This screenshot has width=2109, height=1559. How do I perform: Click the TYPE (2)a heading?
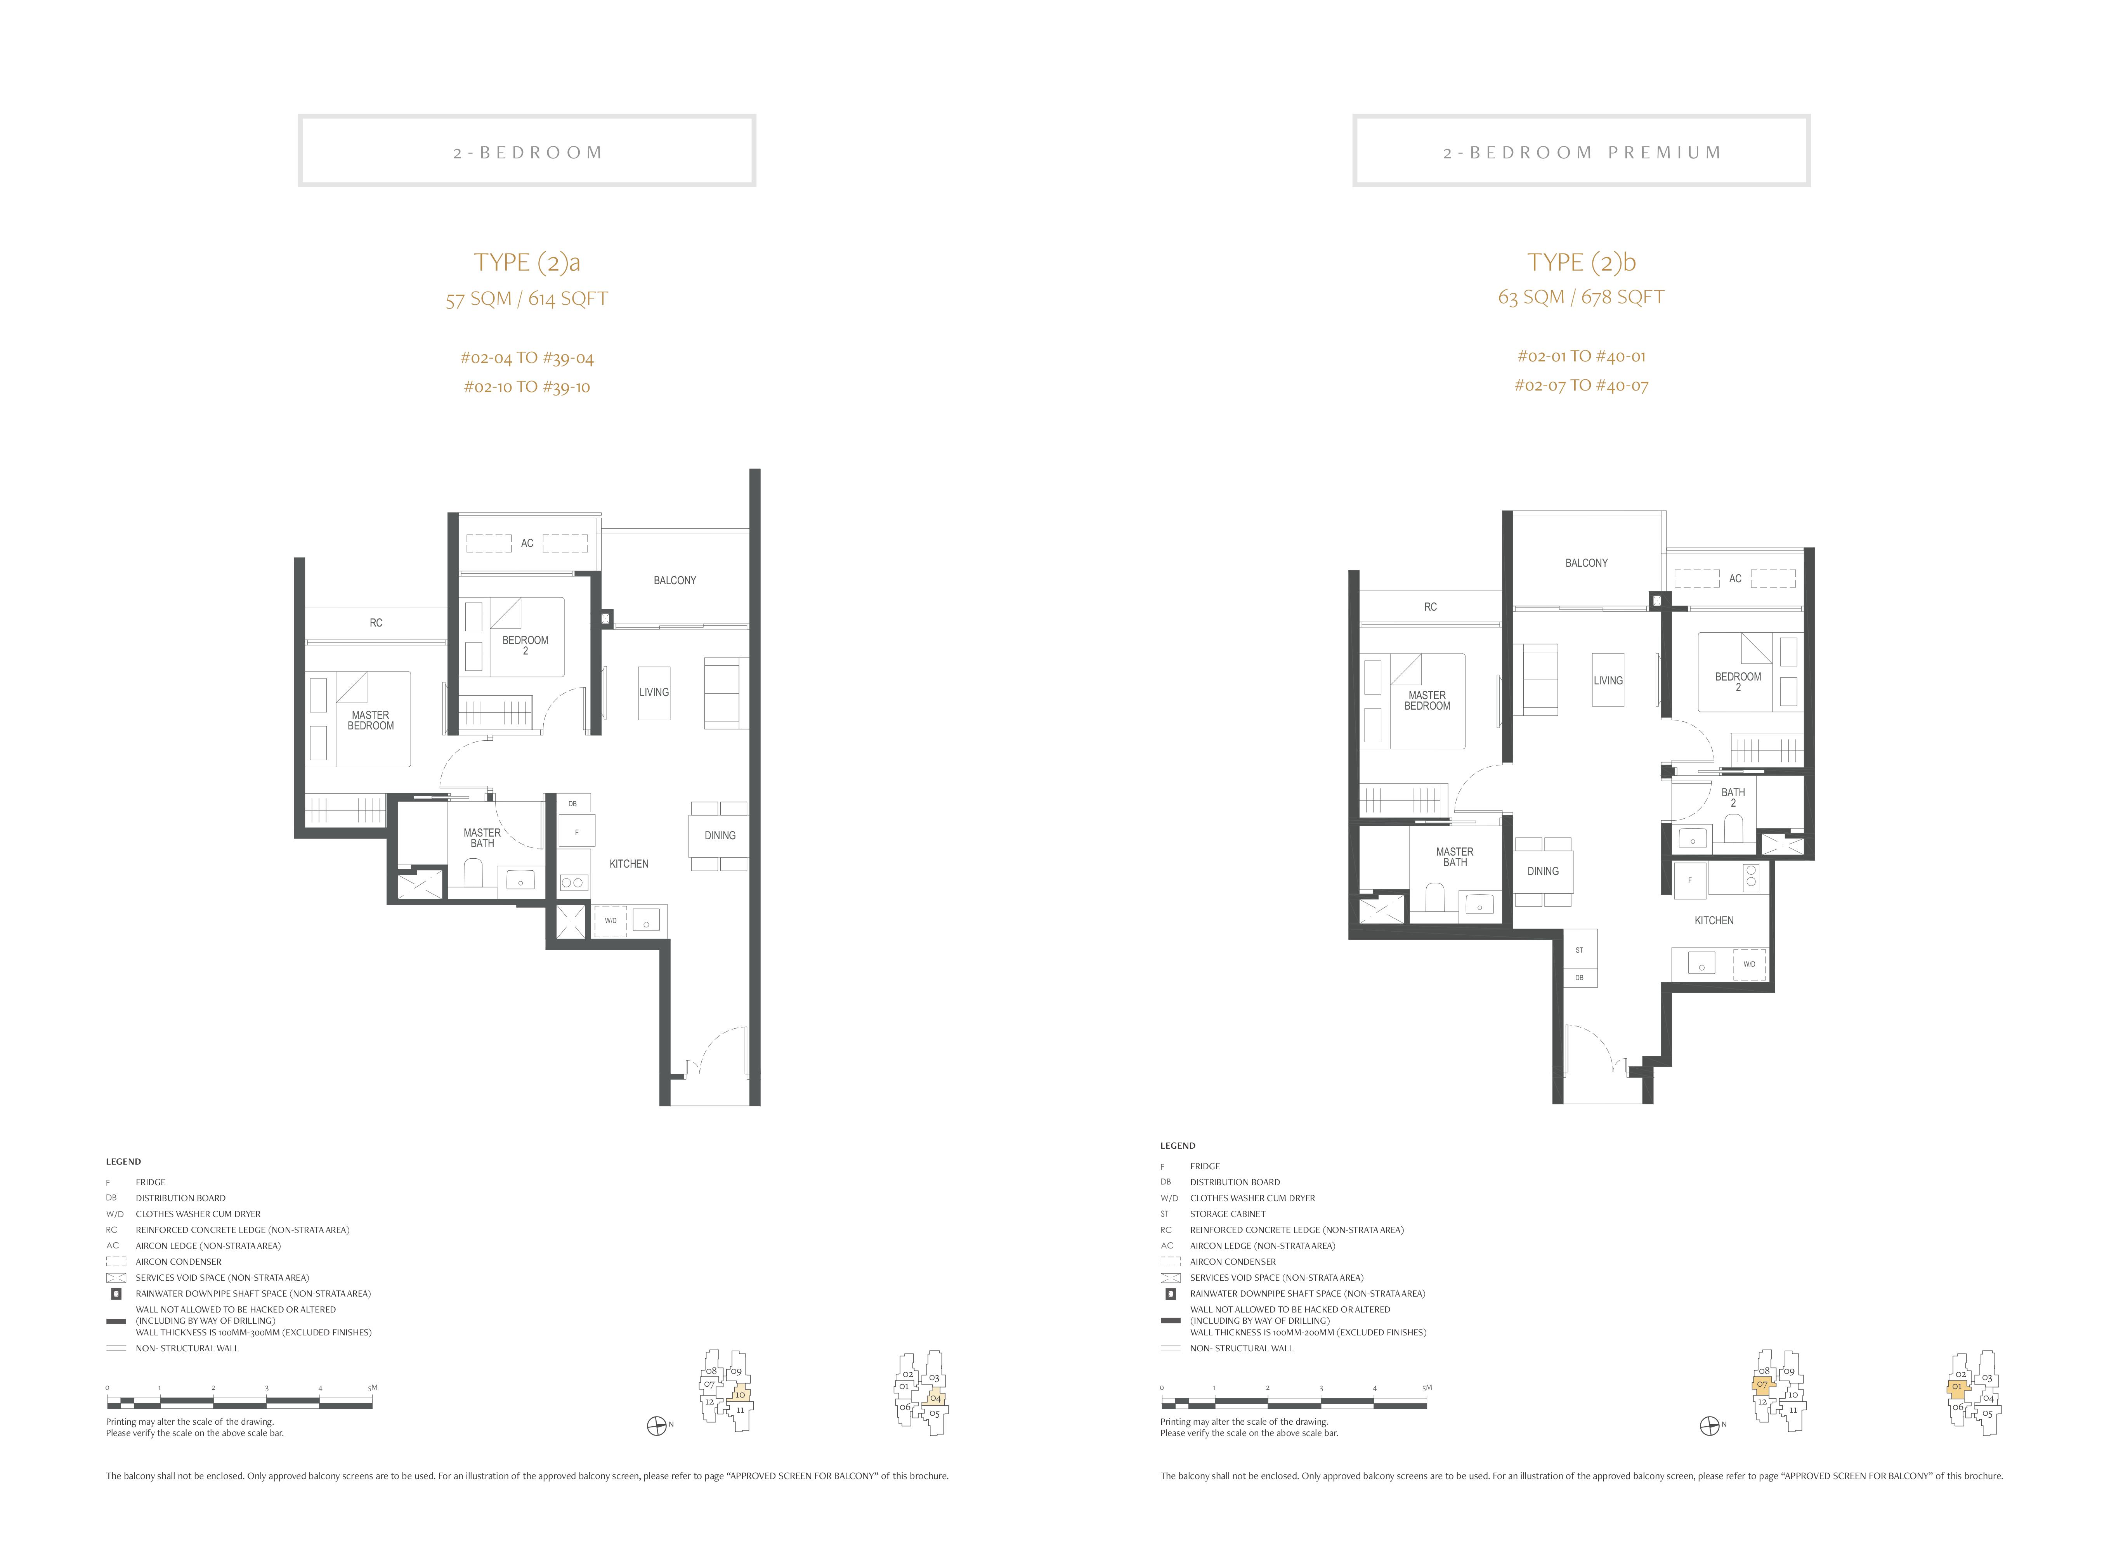(527, 262)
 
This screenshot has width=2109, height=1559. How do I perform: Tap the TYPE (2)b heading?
(1582, 262)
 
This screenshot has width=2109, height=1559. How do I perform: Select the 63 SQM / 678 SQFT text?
(1582, 297)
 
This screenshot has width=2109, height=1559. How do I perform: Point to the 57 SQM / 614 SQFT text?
(527, 299)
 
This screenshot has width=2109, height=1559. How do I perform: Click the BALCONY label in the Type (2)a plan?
(675, 580)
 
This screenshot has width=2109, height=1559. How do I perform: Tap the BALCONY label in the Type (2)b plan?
(1586, 562)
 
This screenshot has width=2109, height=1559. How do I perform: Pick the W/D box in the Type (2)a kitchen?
(610, 920)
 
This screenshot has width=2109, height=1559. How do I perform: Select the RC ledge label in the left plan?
(376, 623)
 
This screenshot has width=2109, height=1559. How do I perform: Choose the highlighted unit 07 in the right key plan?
(1762, 1385)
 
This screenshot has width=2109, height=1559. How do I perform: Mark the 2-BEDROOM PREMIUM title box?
(1582, 151)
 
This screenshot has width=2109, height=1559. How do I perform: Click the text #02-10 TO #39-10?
(527, 387)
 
